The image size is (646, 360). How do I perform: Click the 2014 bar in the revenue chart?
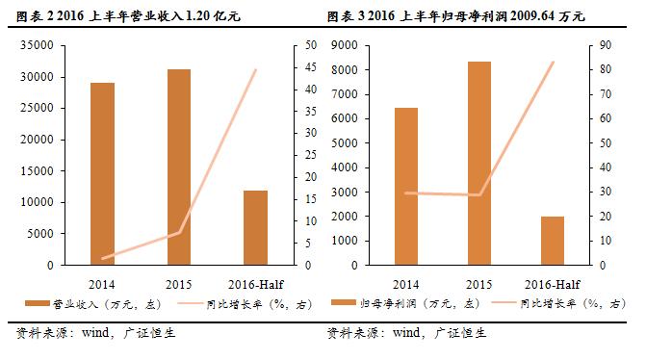point(102,173)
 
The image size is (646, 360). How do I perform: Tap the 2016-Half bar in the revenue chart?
point(254,227)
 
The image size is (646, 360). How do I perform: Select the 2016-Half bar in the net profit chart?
point(552,240)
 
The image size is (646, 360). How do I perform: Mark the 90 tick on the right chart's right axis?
point(604,46)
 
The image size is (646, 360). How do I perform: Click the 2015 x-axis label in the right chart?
point(478,284)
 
